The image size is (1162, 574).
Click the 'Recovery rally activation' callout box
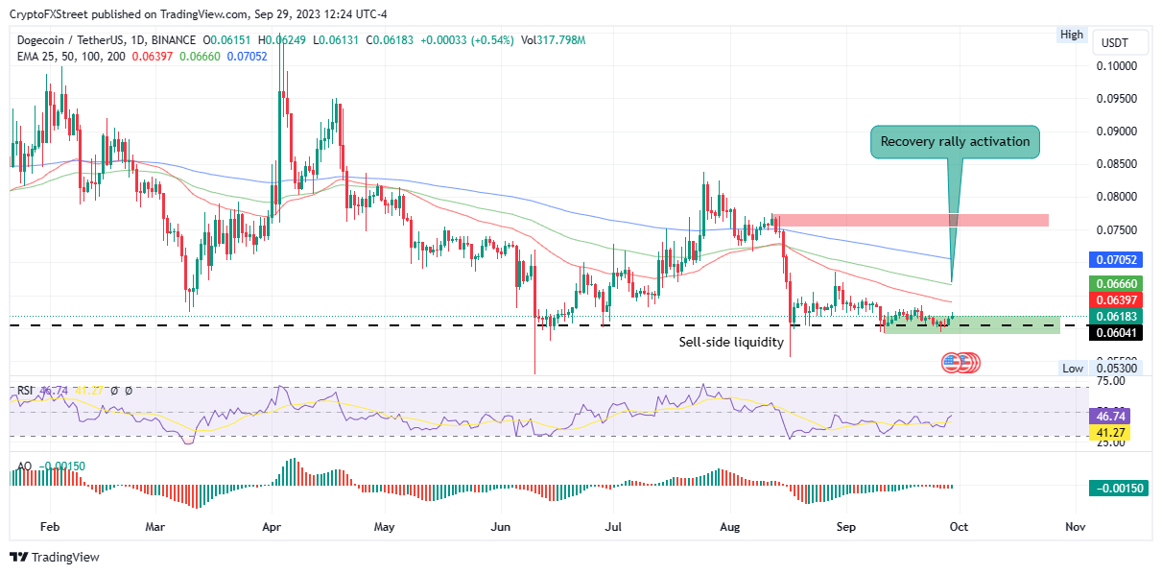point(955,141)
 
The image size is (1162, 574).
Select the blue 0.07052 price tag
point(1114,260)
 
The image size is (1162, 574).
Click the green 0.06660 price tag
point(1114,284)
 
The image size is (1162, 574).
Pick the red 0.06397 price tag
point(1114,300)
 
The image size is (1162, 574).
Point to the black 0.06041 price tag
point(1114,331)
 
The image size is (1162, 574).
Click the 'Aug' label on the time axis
point(731,527)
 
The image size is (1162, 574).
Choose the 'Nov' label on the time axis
point(1075,527)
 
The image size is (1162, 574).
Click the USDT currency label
point(1113,43)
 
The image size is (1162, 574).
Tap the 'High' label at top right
point(1071,35)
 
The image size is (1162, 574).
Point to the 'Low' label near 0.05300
point(1072,369)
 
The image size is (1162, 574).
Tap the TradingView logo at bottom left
point(55,558)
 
